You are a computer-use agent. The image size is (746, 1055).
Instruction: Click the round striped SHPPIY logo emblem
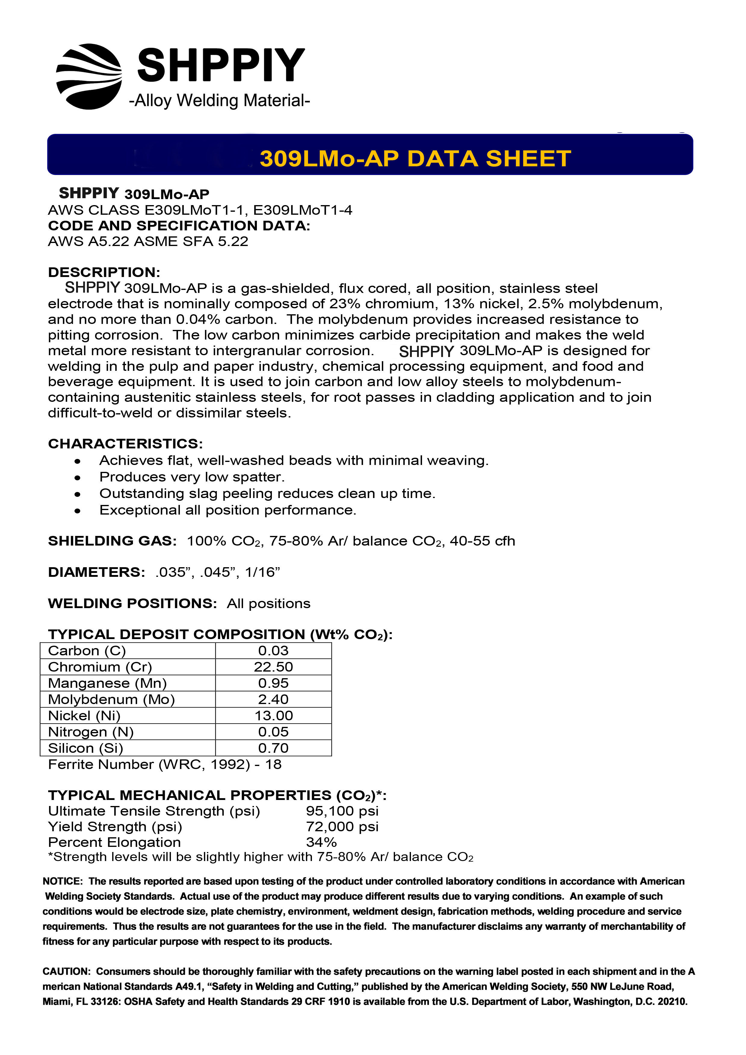(x=89, y=77)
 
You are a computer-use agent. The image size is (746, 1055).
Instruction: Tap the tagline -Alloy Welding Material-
(x=220, y=100)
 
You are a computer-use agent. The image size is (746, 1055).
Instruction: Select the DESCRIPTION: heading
(x=104, y=272)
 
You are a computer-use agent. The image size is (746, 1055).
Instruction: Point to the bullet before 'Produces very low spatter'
(x=78, y=478)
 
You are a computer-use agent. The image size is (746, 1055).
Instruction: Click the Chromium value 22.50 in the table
(x=273, y=667)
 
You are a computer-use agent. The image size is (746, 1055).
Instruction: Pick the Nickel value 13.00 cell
(x=273, y=715)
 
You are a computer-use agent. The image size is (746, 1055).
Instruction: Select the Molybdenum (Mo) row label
(x=111, y=699)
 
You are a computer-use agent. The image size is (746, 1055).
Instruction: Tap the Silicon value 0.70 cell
(x=273, y=748)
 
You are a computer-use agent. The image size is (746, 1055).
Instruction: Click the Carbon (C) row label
(x=87, y=651)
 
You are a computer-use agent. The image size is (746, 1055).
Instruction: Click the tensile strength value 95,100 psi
(x=342, y=811)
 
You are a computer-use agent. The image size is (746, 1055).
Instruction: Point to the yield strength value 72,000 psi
(x=342, y=827)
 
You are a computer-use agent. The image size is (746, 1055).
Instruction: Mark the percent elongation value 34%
(x=321, y=842)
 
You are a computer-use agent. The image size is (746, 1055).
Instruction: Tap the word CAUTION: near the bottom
(x=66, y=971)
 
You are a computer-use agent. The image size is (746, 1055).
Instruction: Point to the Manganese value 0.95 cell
(x=273, y=683)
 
